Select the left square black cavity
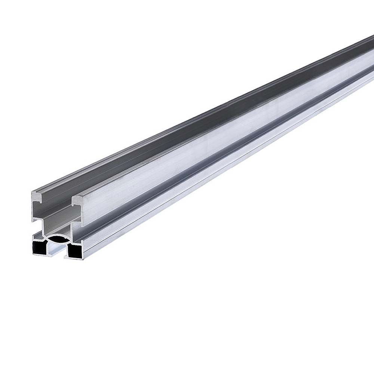[x=39, y=248]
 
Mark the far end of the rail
[x=370, y=39]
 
